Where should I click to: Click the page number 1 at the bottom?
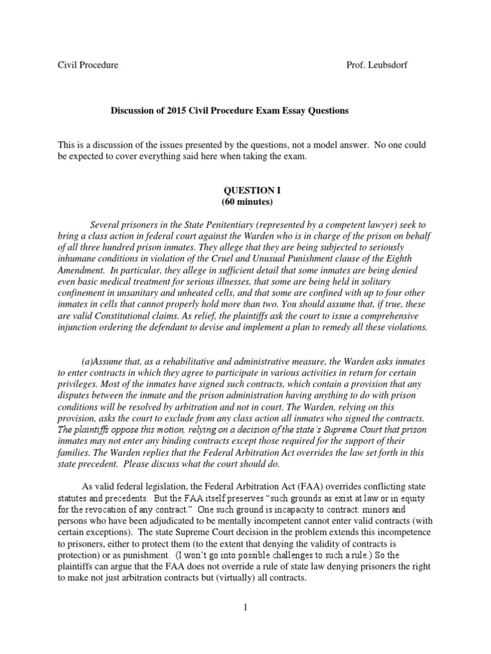pos(245,625)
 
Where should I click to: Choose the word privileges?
pos(78,384)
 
